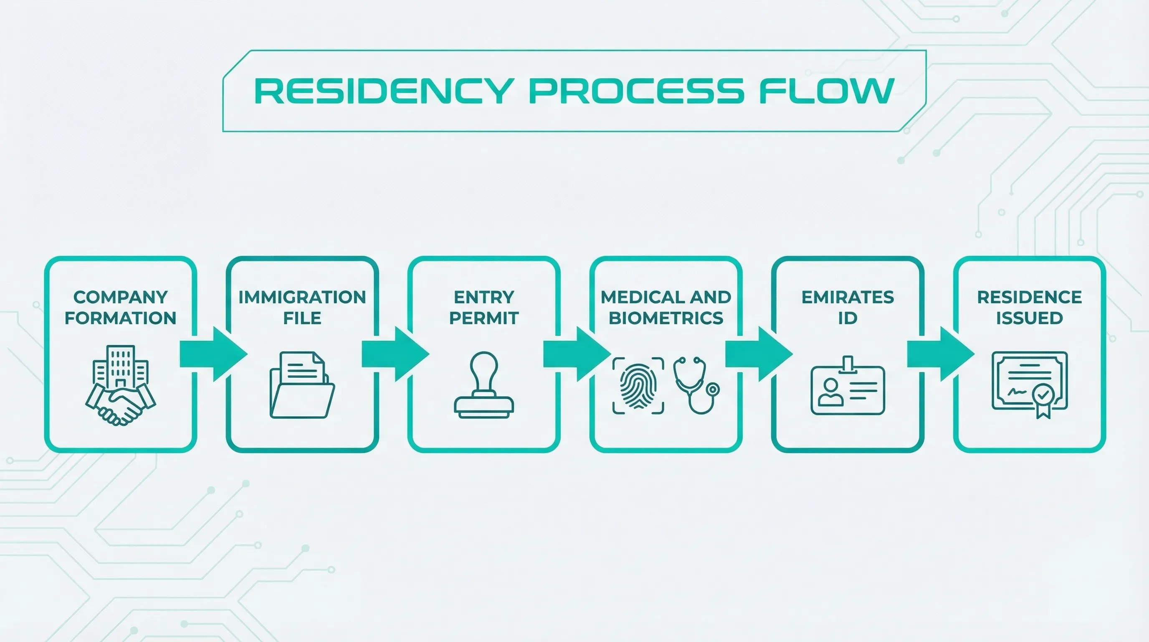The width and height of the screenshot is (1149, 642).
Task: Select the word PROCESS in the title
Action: pos(636,91)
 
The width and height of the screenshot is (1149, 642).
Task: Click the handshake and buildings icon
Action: pos(120,385)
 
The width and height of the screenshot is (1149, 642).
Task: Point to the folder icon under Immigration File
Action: pos(302,385)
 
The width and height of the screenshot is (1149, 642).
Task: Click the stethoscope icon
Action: pos(696,385)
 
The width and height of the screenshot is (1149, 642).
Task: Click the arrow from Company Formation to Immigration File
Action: pos(213,354)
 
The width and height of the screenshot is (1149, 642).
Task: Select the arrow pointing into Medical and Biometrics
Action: pos(577,354)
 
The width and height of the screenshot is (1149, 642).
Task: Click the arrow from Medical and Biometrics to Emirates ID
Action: pos(759,354)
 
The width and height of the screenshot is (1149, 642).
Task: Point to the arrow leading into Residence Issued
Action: pos(941,354)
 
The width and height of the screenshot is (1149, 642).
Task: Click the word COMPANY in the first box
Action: pos(120,297)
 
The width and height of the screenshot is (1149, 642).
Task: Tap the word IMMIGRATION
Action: pos(302,297)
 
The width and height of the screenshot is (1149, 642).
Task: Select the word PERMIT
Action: pos(484,318)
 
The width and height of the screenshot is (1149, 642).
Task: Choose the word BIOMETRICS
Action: pos(666,318)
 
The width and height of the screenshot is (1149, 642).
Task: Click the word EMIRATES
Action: pos(848,297)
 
